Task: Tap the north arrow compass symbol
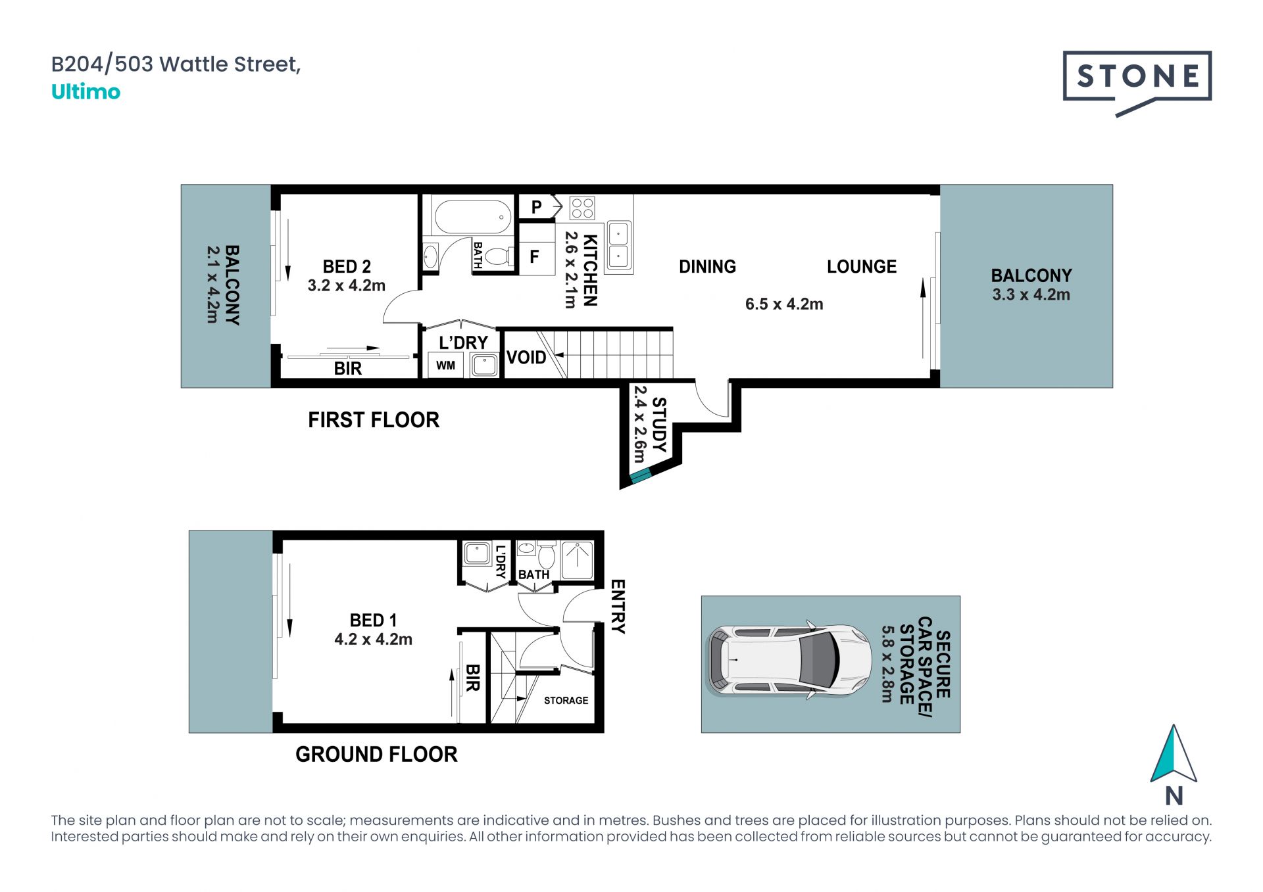point(1174,756)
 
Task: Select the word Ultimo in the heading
point(86,92)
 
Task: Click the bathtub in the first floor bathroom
point(473,217)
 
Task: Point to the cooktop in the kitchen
point(582,208)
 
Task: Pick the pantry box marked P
point(537,207)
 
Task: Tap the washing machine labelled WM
point(445,365)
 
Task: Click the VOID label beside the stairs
point(526,358)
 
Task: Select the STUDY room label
point(658,425)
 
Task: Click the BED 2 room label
point(347,267)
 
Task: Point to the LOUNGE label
point(862,267)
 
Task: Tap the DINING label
point(707,267)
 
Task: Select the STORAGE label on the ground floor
point(566,701)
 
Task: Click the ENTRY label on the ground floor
point(618,606)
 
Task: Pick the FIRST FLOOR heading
point(374,420)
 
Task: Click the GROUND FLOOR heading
point(376,754)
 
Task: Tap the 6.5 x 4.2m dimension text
point(784,304)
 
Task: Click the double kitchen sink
point(618,245)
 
